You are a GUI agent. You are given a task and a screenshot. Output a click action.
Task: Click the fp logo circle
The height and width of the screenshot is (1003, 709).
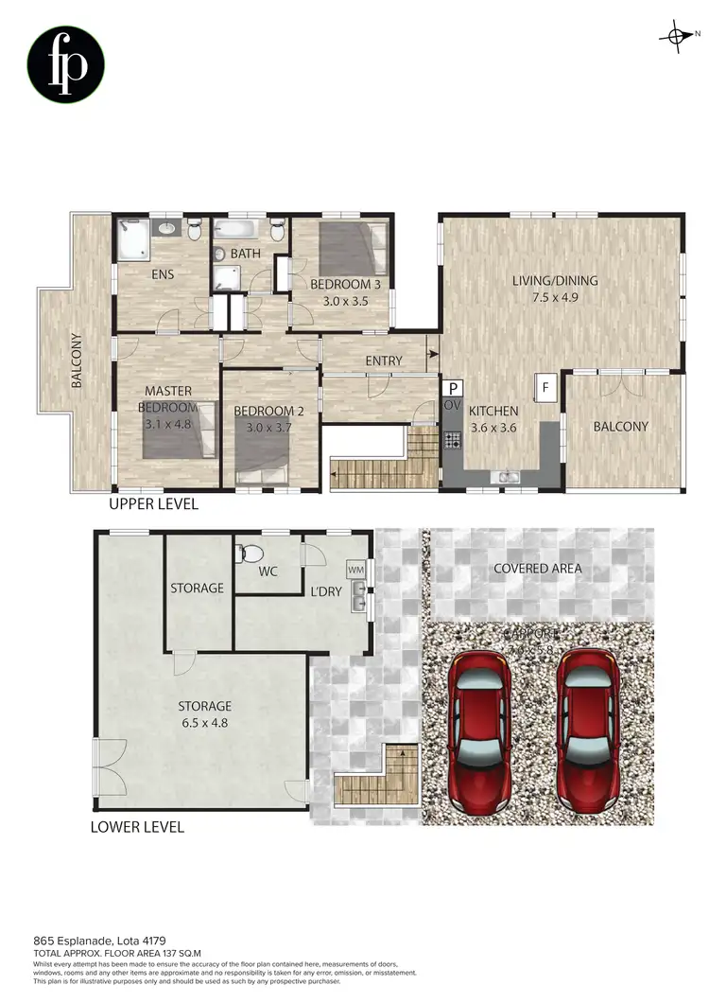(65, 64)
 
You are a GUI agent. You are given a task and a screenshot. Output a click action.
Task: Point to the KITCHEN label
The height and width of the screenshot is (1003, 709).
(494, 411)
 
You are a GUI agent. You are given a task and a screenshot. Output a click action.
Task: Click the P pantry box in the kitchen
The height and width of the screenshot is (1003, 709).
(453, 388)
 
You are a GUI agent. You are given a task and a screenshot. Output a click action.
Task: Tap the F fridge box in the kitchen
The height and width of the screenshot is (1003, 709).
(545, 387)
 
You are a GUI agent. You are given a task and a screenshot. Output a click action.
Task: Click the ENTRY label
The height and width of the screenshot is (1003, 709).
(384, 361)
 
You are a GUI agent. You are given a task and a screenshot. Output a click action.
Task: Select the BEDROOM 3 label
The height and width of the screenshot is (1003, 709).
(345, 284)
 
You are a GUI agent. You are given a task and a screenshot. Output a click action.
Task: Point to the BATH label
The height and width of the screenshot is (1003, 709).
(245, 254)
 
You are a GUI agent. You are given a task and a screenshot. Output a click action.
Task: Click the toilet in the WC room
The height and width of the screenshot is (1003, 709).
(251, 554)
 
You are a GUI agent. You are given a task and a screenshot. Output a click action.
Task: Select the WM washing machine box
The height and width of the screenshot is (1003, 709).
(355, 570)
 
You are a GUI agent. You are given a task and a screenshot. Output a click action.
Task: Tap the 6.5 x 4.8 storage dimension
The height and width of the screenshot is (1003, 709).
(205, 723)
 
